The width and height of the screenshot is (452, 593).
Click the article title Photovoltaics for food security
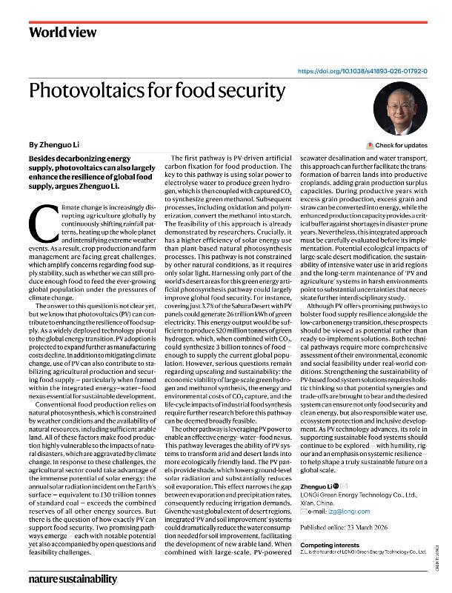pyautogui.click(x=156, y=92)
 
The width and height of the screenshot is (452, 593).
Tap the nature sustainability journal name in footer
pyautogui.click(x=73, y=578)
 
